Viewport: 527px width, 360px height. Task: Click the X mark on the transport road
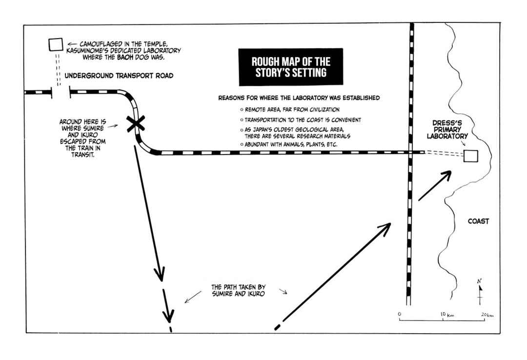(x=136, y=123)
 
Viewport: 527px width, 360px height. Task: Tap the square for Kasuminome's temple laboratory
(x=56, y=44)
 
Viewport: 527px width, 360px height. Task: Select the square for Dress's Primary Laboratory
(x=470, y=156)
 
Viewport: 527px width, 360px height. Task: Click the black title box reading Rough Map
(x=291, y=67)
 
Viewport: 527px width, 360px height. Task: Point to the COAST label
(x=478, y=221)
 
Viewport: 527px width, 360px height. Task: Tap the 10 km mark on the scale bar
(x=443, y=319)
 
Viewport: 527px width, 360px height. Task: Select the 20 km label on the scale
(x=487, y=315)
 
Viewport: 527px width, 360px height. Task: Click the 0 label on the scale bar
(x=399, y=314)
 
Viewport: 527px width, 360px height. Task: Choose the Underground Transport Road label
(x=119, y=76)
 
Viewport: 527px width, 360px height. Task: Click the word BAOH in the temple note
(x=125, y=57)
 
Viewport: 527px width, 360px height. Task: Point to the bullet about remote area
(x=290, y=110)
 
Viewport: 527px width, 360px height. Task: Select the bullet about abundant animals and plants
(x=289, y=144)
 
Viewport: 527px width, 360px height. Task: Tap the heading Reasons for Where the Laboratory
(x=299, y=98)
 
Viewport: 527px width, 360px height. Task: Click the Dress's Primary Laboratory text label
(x=447, y=129)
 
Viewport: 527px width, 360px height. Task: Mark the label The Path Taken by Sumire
(x=238, y=290)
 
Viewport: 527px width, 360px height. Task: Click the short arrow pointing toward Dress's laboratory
(x=435, y=185)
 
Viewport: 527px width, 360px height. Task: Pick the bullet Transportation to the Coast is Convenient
(x=301, y=120)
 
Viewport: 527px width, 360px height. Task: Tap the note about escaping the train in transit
(x=82, y=138)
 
